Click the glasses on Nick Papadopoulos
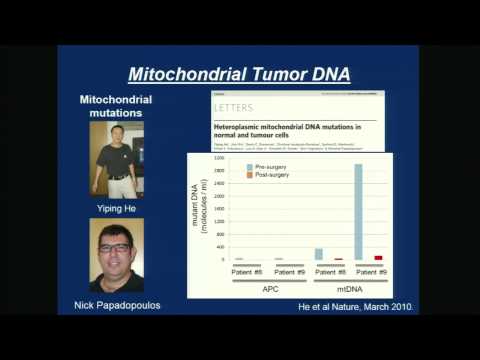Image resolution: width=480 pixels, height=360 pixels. click(x=115, y=246)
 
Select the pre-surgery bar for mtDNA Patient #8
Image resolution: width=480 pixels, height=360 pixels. click(x=318, y=254)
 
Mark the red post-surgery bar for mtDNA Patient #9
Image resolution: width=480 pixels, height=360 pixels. click(x=378, y=257)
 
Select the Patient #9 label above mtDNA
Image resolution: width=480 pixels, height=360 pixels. click(x=368, y=270)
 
